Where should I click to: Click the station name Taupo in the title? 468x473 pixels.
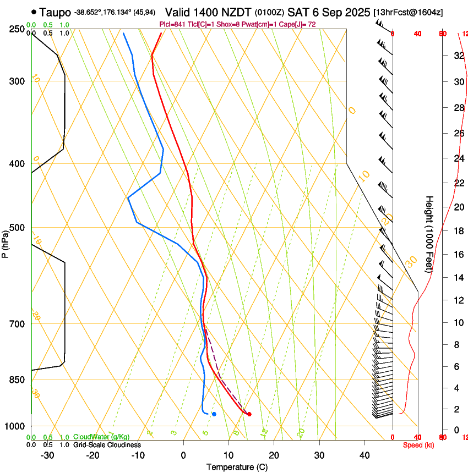click(55, 12)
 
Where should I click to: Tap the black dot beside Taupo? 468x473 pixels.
click(35, 12)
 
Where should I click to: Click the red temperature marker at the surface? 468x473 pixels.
click(249, 414)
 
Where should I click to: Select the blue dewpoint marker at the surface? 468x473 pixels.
click(214, 414)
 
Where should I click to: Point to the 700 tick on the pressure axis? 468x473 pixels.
click(18, 324)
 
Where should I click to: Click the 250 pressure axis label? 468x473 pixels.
click(18, 29)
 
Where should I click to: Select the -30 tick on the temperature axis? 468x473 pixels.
click(48, 455)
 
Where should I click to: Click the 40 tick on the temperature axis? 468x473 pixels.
click(364, 455)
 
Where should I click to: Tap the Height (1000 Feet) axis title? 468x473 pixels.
click(429, 234)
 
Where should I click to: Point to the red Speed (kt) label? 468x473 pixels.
click(418, 445)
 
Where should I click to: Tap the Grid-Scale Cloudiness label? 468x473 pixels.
click(107, 445)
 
